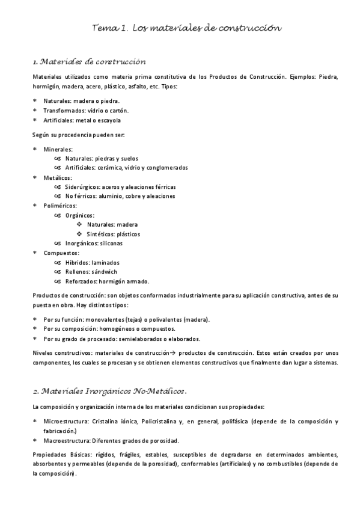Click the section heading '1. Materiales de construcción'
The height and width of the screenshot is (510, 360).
coord(90,61)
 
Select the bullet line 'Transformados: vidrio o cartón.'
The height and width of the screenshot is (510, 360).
coord(86,111)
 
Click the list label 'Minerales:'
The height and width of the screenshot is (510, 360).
coord(58,149)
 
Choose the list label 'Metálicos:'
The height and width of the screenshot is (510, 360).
coord(58,177)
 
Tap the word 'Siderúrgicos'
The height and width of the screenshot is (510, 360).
coord(83,187)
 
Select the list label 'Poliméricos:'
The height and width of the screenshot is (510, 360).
coord(60,206)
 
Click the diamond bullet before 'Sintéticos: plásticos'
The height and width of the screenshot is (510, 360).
coord(79,234)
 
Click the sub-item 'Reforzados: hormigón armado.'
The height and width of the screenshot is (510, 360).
coord(107,281)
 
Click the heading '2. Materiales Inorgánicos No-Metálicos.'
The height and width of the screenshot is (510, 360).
coord(111,392)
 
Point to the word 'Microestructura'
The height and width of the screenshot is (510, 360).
coord(66,421)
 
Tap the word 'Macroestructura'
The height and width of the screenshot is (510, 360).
coord(66,440)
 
